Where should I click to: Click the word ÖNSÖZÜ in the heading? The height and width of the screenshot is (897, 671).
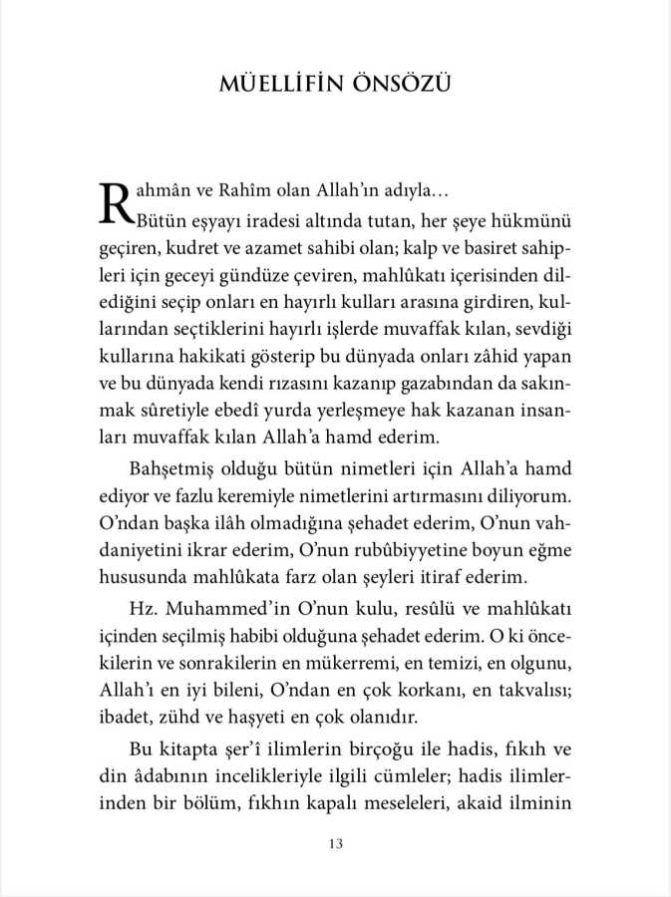point(397,83)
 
